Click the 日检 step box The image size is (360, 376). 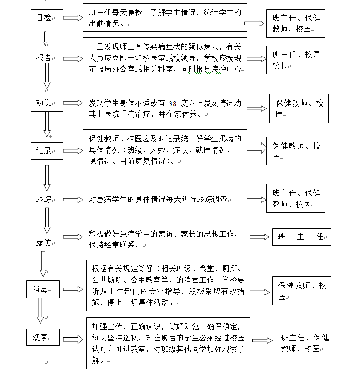(x=47, y=18)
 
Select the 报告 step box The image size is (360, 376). (x=47, y=57)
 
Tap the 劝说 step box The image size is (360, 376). (x=47, y=103)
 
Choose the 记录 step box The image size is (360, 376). (x=47, y=151)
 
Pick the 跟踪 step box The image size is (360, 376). (x=47, y=199)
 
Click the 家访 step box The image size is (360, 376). (x=47, y=242)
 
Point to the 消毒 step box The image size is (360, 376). (x=43, y=289)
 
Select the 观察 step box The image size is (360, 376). (x=43, y=337)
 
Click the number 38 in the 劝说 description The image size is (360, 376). (x=172, y=103)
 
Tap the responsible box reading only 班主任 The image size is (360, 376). (x=302, y=237)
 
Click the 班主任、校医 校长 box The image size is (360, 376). (x=295, y=60)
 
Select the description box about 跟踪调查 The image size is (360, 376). (x=165, y=199)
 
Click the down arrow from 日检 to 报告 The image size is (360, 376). (x=45, y=39)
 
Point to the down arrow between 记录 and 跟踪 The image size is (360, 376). (x=47, y=178)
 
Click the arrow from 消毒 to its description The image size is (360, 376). (x=73, y=289)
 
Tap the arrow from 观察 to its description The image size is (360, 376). (x=73, y=339)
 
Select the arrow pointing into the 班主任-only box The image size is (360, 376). (x=259, y=237)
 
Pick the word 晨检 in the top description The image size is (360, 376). (x=134, y=12)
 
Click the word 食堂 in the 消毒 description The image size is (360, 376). (x=206, y=268)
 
